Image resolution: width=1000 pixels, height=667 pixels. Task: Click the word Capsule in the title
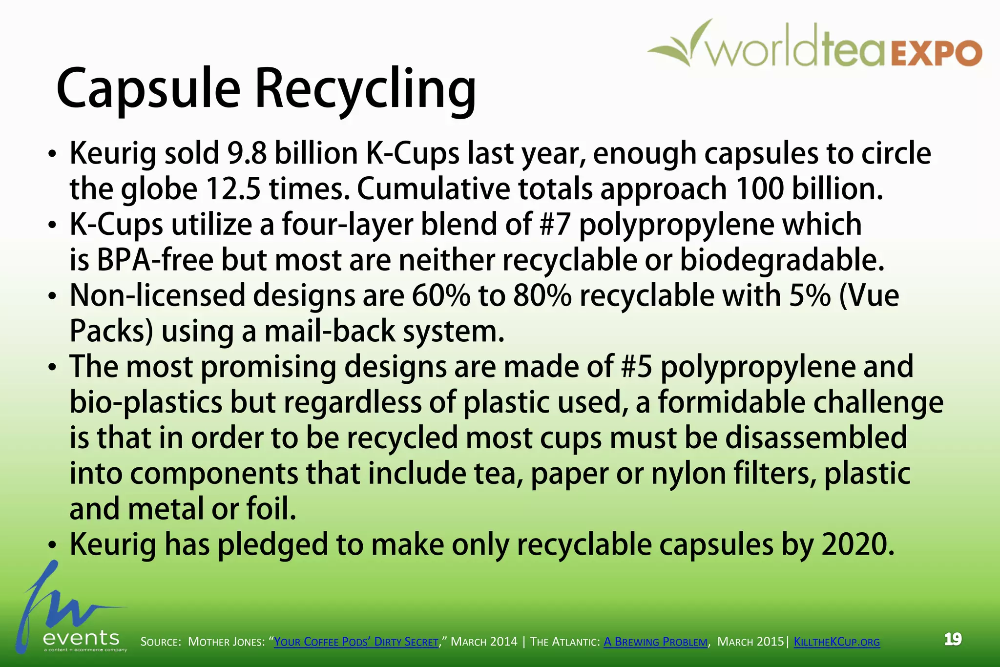click(148, 90)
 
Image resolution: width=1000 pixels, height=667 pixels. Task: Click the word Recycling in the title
click(365, 90)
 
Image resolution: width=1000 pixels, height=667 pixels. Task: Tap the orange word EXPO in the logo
click(937, 54)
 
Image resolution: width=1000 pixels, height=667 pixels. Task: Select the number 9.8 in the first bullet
click(246, 153)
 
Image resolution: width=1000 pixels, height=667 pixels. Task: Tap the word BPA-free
click(154, 260)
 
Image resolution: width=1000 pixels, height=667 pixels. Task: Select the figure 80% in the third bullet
click(542, 296)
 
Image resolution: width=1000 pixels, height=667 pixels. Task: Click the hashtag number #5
click(637, 367)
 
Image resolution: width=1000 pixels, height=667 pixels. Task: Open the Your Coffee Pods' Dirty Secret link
click(356, 642)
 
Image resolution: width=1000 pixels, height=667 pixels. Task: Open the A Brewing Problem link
click(655, 642)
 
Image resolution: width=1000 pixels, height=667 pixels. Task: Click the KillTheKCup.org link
click(836, 642)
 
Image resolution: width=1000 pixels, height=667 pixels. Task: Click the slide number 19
click(953, 639)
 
